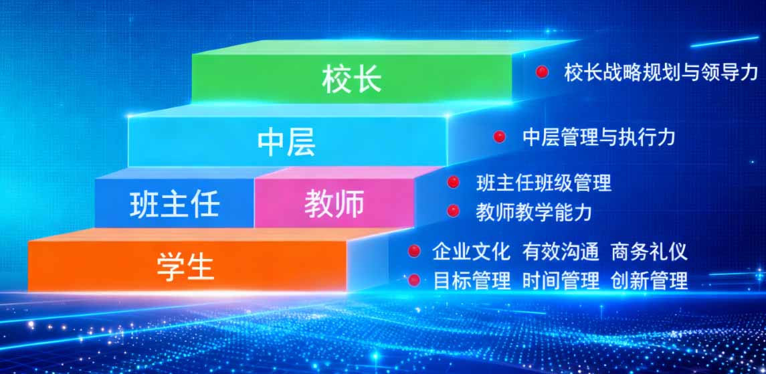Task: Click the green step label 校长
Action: tap(351, 80)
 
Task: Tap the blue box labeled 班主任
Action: tap(175, 203)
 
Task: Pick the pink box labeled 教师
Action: tap(334, 203)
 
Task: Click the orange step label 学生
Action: tap(185, 266)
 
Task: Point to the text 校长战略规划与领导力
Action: tap(661, 72)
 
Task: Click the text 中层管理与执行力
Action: tap(599, 137)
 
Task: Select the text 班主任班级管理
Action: tap(544, 182)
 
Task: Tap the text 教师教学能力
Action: tap(534, 212)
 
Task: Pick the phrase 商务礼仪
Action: tap(649, 252)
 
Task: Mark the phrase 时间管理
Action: tap(561, 280)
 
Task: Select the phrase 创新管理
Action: tap(649, 280)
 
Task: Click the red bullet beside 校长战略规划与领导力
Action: tap(542, 72)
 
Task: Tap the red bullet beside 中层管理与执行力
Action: tap(499, 137)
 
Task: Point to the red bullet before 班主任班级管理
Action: tap(454, 182)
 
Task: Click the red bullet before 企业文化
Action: tap(414, 251)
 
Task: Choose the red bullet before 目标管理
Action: tap(414, 280)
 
